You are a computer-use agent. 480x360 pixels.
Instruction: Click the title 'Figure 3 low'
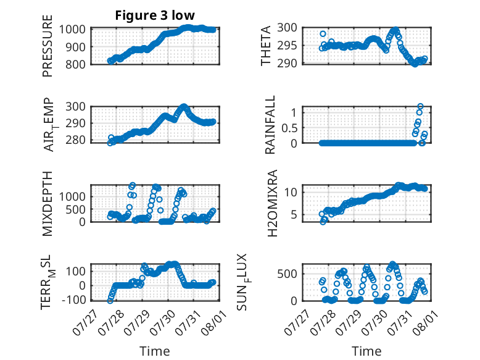(155, 15)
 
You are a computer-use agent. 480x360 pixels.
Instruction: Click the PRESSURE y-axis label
(48, 46)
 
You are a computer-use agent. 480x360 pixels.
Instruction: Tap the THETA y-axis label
(266, 46)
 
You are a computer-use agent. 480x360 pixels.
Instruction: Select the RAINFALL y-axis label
(270, 125)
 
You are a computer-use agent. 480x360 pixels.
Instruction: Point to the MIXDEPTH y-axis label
(48, 204)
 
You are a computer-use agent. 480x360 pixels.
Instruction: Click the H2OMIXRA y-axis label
(272, 203)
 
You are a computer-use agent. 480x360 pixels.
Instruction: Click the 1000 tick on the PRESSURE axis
(72, 30)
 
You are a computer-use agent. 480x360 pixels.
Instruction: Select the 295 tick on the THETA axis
(287, 46)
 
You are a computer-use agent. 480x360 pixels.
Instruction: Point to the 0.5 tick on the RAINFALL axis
(289, 128)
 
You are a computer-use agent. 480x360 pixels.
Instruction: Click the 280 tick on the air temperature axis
(75, 140)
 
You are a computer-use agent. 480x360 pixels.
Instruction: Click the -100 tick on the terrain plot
(73, 299)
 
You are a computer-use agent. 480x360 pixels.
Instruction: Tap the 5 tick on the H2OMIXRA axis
(294, 215)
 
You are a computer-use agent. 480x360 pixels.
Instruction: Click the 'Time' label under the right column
(366, 351)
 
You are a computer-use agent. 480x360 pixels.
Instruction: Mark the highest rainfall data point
(420, 106)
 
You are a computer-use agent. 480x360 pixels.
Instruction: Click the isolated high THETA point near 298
(323, 34)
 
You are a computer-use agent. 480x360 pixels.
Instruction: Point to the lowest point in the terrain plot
(110, 301)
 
